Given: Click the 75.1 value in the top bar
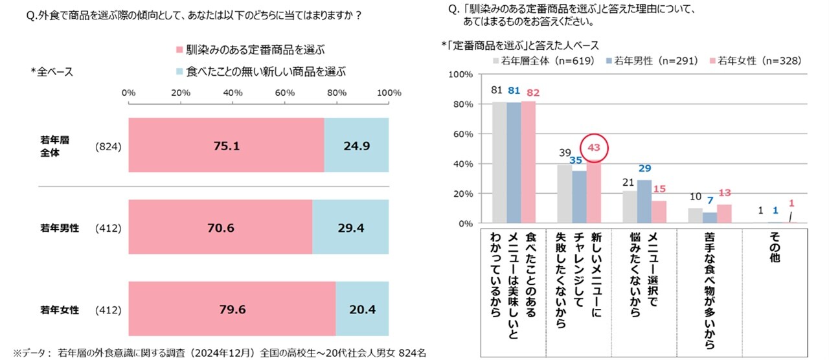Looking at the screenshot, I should (x=226, y=146).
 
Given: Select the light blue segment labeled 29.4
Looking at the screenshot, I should (x=350, y=227).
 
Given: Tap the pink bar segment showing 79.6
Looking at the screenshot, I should (x=232, y=309).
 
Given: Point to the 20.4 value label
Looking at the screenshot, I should (x=362, y=309).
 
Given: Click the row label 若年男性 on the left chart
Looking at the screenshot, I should (x=59, y=228).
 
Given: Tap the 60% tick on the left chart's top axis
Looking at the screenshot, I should (x=284, y=93).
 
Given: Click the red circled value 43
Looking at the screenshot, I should (x=594, y=148).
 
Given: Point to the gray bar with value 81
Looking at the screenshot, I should (x=499, y=163).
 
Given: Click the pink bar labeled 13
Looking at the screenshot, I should (x=724, y=214).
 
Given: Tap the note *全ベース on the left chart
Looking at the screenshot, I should (x=52, y=72).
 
